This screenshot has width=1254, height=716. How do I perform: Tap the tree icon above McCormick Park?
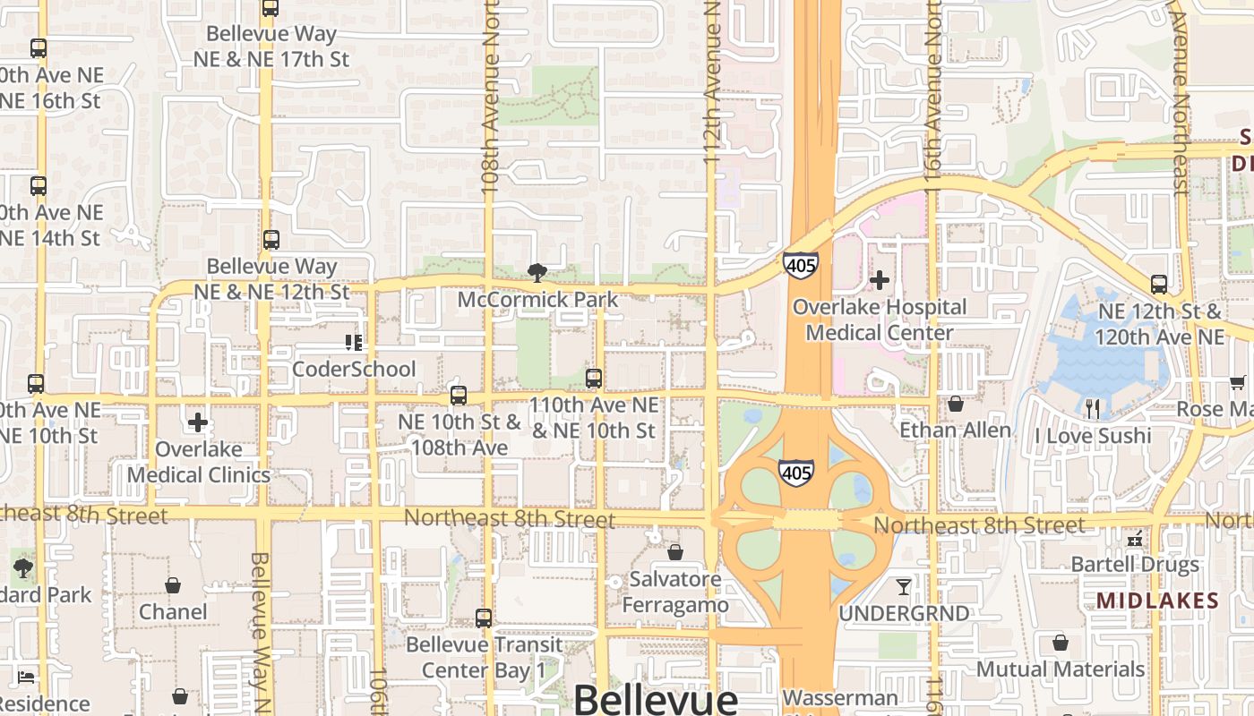[537, 272]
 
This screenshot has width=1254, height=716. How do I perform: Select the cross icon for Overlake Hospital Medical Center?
[880, 280]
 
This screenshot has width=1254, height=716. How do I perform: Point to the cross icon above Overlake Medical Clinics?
[198, 422]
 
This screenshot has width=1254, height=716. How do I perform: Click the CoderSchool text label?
[354, 369]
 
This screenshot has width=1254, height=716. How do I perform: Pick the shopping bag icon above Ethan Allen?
[956, 404]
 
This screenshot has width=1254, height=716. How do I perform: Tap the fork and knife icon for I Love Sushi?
[1092, 409]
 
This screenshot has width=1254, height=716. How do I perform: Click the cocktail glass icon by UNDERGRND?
[903, 587]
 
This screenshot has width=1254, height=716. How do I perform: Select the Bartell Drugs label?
[1135, 565]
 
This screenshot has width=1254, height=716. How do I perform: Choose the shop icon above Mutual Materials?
[1061, 643]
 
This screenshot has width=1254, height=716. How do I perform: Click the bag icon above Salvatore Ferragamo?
[675, 553]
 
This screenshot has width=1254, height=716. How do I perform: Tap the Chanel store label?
[173, 612]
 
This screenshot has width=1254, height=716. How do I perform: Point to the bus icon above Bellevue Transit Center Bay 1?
[484, 618]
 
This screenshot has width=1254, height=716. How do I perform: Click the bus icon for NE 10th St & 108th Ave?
[459, 395]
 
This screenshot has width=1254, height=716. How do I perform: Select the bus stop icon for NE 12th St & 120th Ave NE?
[1159, 285]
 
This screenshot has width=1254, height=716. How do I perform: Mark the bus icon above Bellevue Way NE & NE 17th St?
[271, 8]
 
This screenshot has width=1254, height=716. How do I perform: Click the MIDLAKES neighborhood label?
[1157, 601]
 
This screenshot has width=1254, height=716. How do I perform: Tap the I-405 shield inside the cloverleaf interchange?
[795, 472]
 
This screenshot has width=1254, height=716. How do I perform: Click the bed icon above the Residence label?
[27, 678]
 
